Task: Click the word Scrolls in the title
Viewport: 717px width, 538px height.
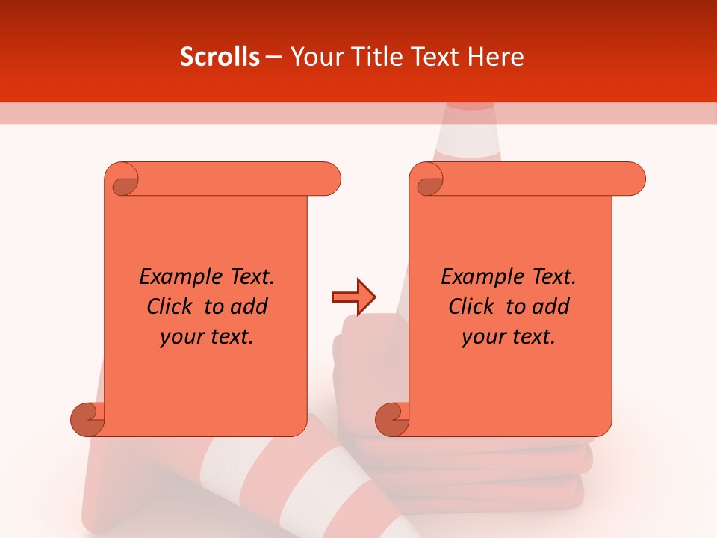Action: pos(220,57)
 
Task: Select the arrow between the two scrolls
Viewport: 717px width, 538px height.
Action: pos(353,297)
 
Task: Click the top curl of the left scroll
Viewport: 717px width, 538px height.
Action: pos(122,180)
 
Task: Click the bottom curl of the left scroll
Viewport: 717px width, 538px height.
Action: pos(88,419)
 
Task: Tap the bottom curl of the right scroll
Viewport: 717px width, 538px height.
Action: pos(392,419)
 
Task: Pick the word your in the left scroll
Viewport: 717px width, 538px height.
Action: pos(180,337)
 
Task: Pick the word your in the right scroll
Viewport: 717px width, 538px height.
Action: pos(482,337)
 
